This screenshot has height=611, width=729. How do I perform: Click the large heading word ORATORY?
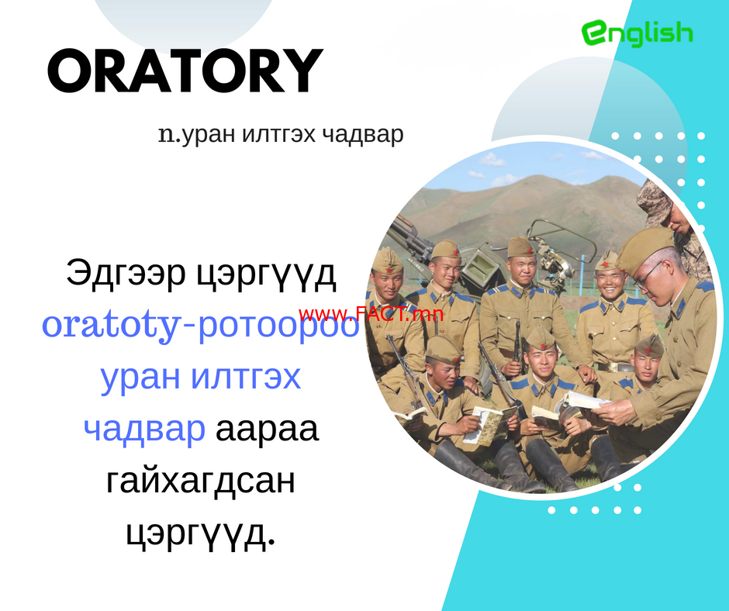tap(185, 71)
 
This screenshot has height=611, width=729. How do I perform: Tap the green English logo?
tap(637, 33)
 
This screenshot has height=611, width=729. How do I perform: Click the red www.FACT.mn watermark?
tap(371, 315)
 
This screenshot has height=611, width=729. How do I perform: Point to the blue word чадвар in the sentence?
tap(144, 429)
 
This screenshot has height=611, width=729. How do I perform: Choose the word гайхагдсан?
tap(201, 480)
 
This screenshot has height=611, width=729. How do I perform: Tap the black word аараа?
tap(268, 430)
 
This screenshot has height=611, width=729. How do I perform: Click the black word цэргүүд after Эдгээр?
tap(265, 274)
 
